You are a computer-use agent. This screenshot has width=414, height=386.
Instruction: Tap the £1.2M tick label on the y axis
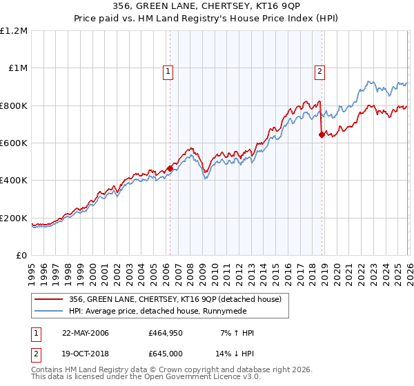pos(14,31)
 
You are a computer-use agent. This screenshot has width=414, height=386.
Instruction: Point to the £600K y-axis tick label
pos(14,143)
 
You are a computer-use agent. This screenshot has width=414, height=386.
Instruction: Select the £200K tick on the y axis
pos(14,219)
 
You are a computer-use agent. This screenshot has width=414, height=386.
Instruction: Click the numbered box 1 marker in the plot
pos(169,70)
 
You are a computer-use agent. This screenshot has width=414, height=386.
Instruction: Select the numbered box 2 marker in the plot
pos(321,70)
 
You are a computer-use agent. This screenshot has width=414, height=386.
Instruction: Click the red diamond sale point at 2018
pos(322,135)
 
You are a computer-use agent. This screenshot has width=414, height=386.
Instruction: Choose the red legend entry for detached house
pos(175,299)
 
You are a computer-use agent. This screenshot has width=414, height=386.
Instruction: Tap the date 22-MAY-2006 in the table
pos(86,333)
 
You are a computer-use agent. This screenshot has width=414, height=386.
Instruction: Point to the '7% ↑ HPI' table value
pos(235,333)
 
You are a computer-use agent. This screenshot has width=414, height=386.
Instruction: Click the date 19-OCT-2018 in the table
pos(86,353)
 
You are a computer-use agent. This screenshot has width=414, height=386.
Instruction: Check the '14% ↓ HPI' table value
pos(235,353)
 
